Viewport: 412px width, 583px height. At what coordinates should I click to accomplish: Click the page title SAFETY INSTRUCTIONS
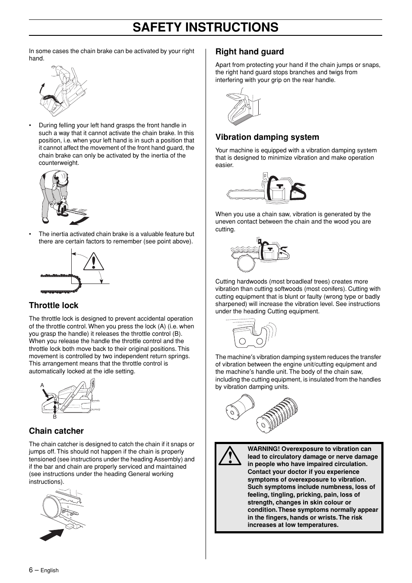(206, 27)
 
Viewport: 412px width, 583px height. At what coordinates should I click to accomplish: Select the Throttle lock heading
(54, 306)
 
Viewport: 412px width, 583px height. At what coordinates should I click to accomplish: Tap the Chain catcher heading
(56, 431)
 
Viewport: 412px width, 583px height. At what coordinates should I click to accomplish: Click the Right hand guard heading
(250, 52)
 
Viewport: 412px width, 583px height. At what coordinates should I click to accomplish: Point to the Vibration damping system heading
(267, 137)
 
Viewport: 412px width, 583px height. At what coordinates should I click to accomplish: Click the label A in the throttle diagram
(42, 385)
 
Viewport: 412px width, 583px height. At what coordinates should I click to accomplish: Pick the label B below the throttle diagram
(55, 417)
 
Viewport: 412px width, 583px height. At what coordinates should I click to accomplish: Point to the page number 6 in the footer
(31, 570)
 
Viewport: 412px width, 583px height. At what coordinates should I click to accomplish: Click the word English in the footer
(49, 570)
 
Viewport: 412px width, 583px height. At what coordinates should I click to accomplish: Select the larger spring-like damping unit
(276, 415)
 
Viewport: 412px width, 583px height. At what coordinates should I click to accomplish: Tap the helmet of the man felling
(63, 177)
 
